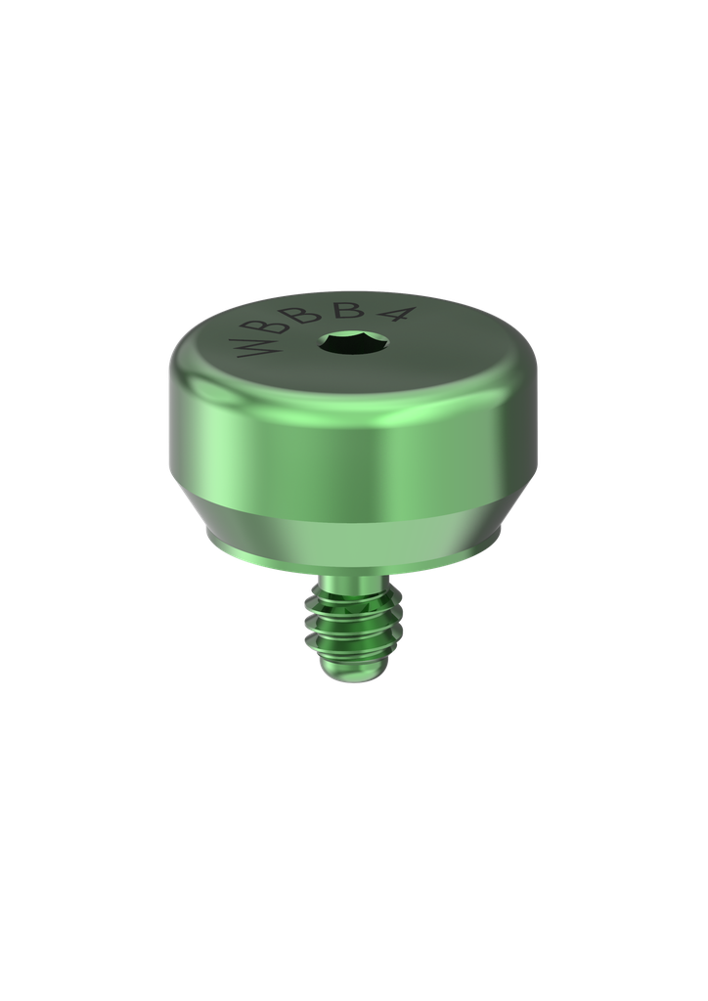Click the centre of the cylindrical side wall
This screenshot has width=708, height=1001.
tap(352, 450)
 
